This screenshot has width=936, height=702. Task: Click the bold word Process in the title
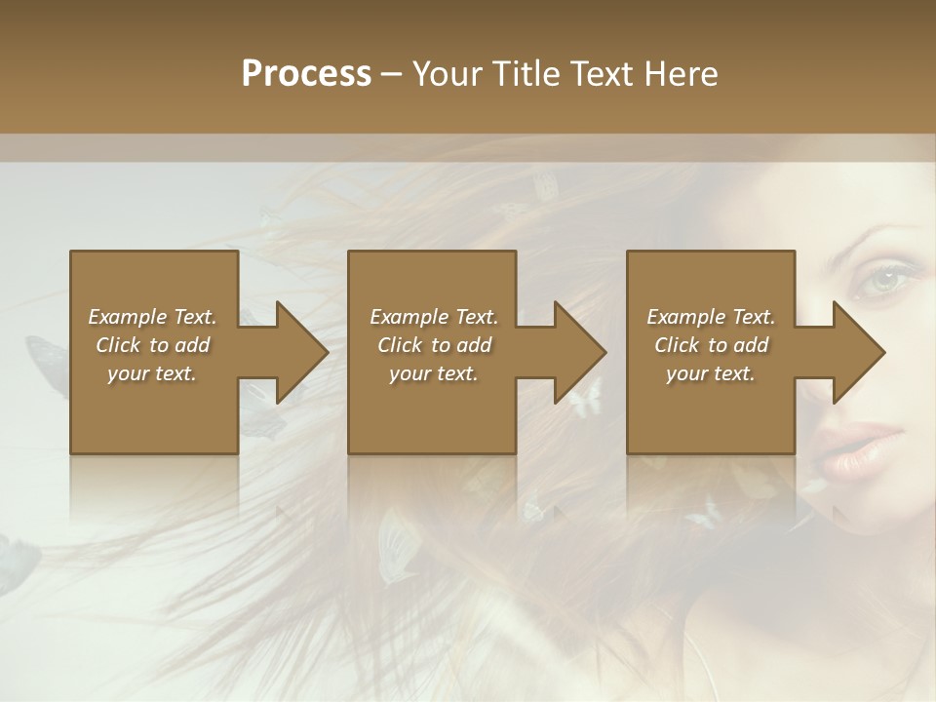[x=306, y=74]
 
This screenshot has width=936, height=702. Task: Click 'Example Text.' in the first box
[x=152, y=317]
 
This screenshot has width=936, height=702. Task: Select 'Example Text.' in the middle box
[x=434, y=317]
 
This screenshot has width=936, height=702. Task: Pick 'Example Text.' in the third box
[x=711, y=317]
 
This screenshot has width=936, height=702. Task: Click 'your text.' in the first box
[x=152, y=373]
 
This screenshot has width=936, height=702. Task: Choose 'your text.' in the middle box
[x=434, y=373]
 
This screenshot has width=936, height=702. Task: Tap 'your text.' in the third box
[x=711, y=373]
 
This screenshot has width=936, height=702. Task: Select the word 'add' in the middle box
[x=474, y=345]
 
